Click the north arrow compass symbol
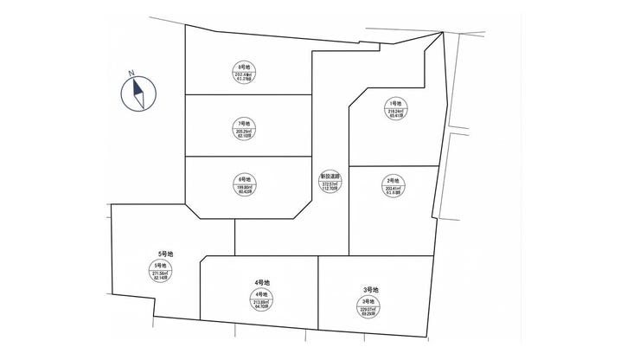(x=138, y=93)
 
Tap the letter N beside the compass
(x=126, y=75)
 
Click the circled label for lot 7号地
(x=243, y=129)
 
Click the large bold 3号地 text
(x=370, y=289)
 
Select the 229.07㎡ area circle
(x=369, y=305)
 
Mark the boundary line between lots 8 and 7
(x=249, y=93)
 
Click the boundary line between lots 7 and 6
(x=249, y=157)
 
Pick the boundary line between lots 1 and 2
(x=394, y=164)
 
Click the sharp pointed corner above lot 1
(x=443, y=33)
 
